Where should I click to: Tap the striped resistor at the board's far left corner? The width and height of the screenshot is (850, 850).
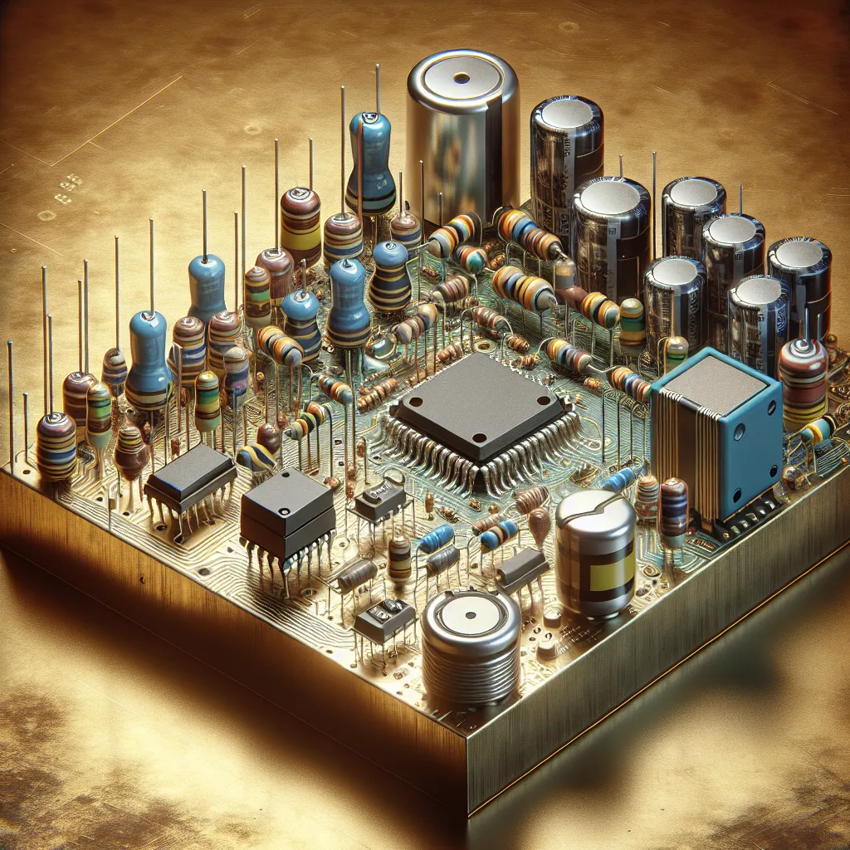56,444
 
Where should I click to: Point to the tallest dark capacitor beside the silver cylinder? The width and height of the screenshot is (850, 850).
566,158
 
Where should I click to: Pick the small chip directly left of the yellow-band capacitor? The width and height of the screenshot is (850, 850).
520,571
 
